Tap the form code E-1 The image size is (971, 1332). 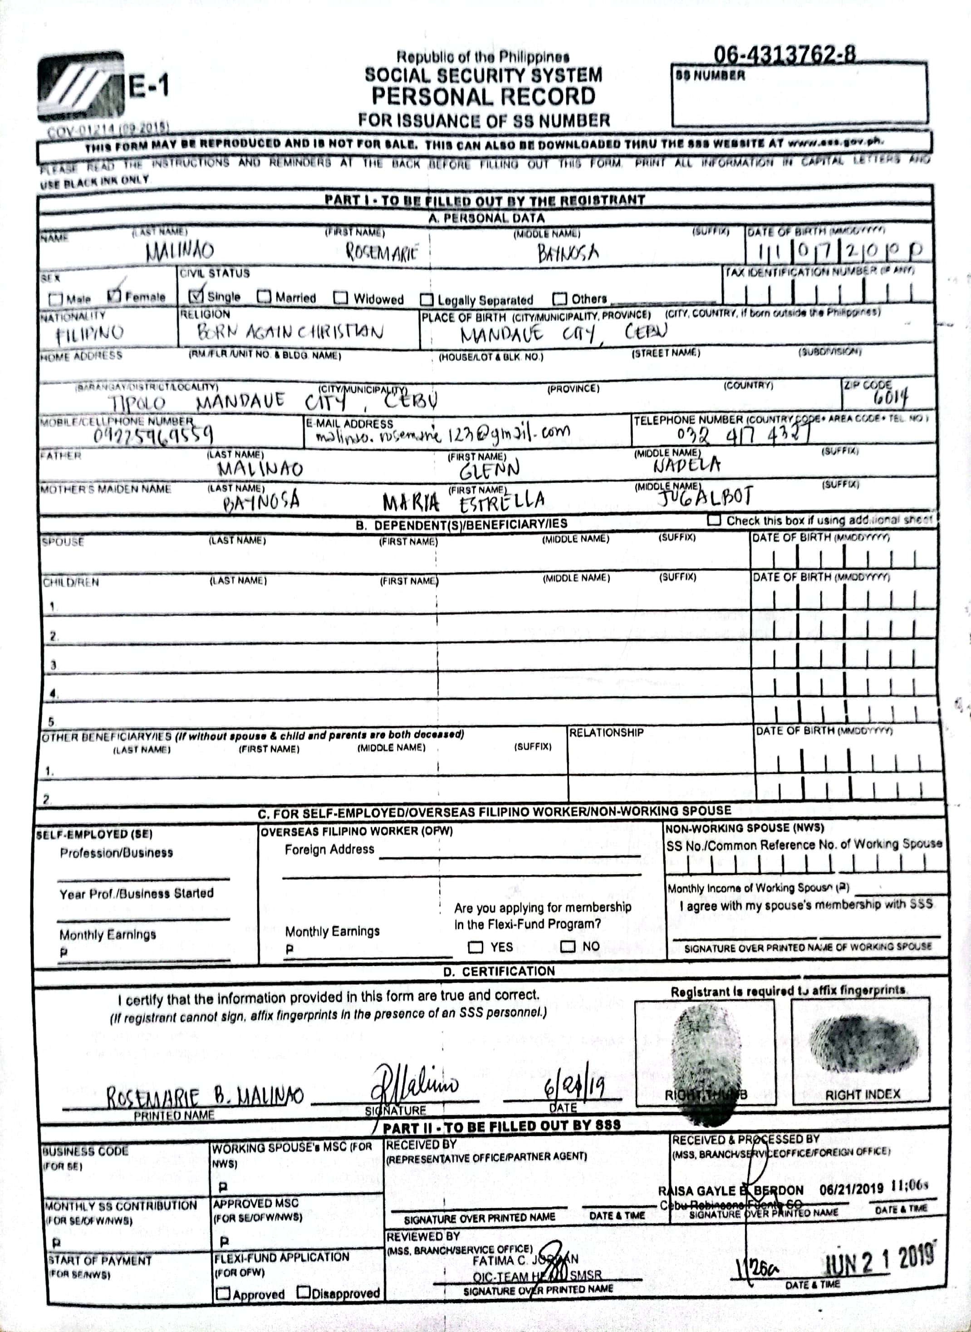pos(149,86)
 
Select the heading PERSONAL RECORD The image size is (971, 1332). pos(483,96)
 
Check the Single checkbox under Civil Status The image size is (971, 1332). pos(196,295)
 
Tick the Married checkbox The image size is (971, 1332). pos(264,297)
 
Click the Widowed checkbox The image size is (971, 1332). pos(340,298)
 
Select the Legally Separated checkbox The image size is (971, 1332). pos(427,300)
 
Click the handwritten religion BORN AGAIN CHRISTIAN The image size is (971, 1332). pos(290,332)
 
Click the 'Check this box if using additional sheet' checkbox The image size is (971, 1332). pos(714,520)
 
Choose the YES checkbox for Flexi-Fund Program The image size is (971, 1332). pos(475,947)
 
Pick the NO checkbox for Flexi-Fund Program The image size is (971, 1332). pos(567,946)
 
